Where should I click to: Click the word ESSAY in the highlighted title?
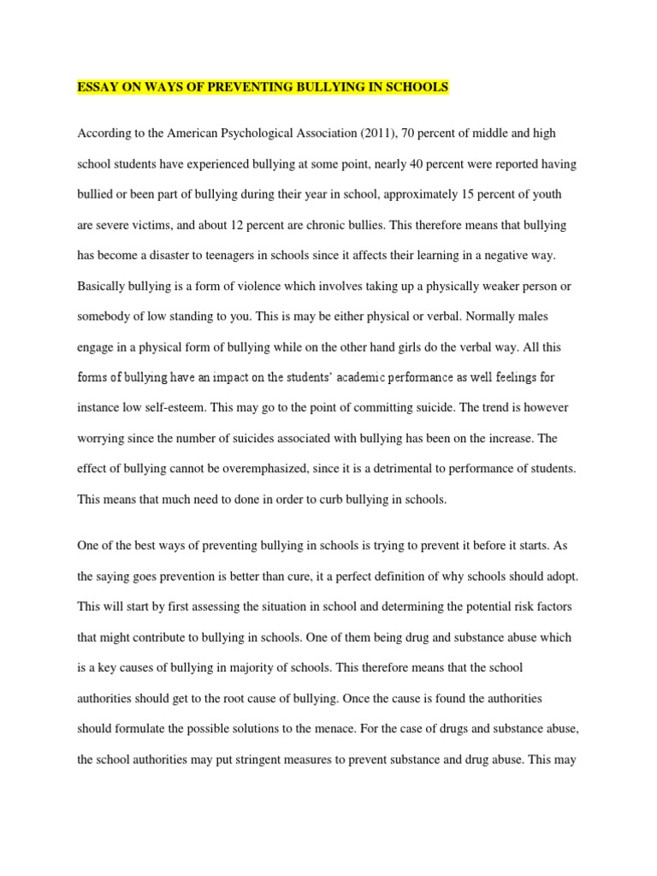(98, 88)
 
